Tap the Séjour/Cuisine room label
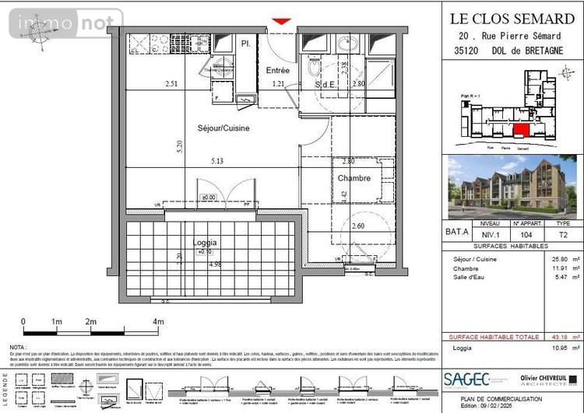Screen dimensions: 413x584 tap(223, 128)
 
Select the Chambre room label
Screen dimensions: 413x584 tap(354, 178)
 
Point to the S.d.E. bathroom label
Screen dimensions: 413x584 tap(325, 83)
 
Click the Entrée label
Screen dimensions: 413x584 tap(278, 70)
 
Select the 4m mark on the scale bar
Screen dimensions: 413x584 tap(158, 320)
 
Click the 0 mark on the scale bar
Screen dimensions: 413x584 tap(23, 320)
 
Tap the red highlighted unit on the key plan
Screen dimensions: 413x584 tap(521, 129)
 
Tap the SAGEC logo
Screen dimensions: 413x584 tap(466, 379)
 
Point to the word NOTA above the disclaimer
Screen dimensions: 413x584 tap(17, 347)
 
